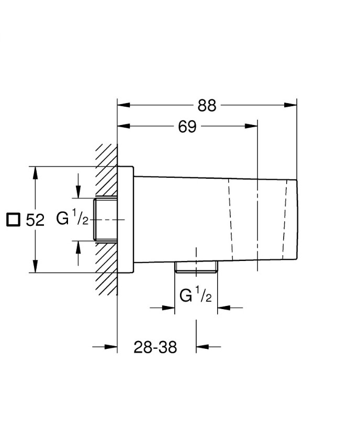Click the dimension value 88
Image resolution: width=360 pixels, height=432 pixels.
click(207, 105)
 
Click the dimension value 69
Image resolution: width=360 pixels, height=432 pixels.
click(187, 127)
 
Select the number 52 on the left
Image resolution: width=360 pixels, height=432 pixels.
click(35, 220)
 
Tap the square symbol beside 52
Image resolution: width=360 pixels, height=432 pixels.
click(13, 220)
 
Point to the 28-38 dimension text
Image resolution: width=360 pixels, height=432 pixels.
click(155, 347)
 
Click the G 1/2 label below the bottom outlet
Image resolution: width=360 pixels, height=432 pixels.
click(196, 296)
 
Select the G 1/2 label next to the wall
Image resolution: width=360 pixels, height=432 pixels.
click(72, 219)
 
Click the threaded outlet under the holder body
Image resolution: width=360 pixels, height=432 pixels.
click(196, 266)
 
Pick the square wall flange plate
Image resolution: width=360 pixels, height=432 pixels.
click(126, 220)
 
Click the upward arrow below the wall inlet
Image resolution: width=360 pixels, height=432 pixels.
click(78, 247)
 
